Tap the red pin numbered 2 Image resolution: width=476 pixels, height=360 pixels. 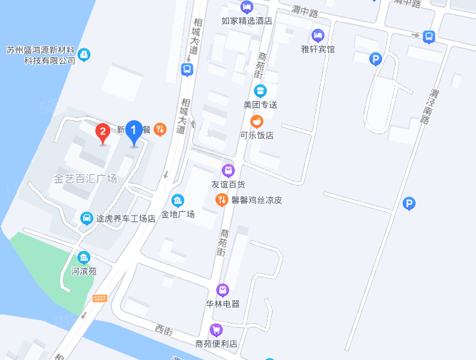103,132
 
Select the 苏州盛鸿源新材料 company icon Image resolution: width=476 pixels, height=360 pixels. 84,54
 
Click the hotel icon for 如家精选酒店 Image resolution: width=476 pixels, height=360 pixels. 247,7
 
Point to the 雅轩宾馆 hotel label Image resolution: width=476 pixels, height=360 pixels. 318,49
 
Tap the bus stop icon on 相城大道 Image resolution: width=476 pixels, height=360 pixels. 186,69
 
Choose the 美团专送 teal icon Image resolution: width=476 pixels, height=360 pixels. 260,90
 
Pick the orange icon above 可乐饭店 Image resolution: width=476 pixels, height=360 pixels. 256,121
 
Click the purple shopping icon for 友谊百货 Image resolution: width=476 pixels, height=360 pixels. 228,170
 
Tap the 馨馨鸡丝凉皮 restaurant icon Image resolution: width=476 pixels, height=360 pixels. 221,199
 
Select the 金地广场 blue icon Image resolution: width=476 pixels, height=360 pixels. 177,200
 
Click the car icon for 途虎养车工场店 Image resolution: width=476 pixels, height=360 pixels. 86,218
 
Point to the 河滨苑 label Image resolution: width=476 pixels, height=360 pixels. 84,271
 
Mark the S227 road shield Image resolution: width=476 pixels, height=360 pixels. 99,298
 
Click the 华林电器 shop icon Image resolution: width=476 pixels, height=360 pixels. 223,290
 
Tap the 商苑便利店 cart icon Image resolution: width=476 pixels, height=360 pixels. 216,329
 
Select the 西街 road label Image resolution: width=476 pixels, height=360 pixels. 164,330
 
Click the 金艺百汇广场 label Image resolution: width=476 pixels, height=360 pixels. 85,178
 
